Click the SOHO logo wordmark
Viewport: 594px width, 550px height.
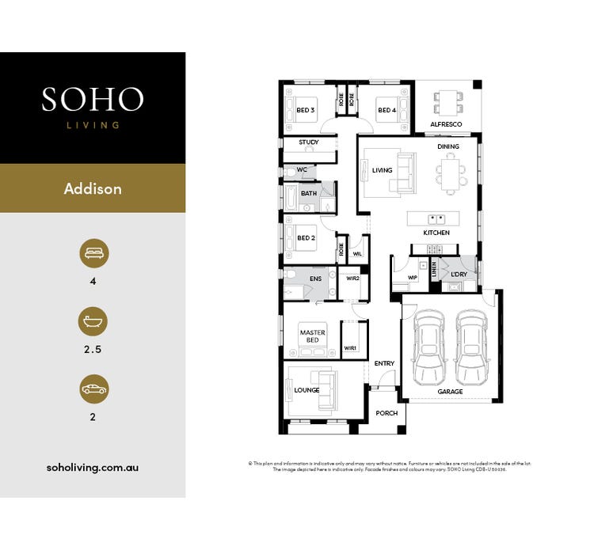tap(93, 99)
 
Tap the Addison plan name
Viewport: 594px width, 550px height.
tap(93, 189)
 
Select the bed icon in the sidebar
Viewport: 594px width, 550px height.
tap(93, 253)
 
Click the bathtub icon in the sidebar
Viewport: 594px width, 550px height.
tap(93, 321)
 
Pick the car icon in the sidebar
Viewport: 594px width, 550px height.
tap(93, 389)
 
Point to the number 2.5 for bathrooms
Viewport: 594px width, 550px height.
tap(93, 348)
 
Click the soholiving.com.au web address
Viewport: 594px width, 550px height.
tap(93, 467)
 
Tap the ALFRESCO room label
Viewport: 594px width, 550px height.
tap(447, 125)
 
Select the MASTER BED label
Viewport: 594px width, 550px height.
tap(312, 336)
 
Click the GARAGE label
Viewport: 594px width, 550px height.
tap(450, 393)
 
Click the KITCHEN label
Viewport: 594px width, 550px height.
tap(436, 233)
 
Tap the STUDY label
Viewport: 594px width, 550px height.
tap(308, 142)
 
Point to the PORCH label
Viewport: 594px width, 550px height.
tap(386, 413)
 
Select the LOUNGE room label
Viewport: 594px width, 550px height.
tap(307, 390)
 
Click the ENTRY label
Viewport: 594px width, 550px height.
tap(384, 363)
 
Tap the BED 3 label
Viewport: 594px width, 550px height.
tap(307, 110)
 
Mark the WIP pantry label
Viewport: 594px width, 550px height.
tap(412, 278)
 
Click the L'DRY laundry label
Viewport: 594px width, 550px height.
tap(459, 274)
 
